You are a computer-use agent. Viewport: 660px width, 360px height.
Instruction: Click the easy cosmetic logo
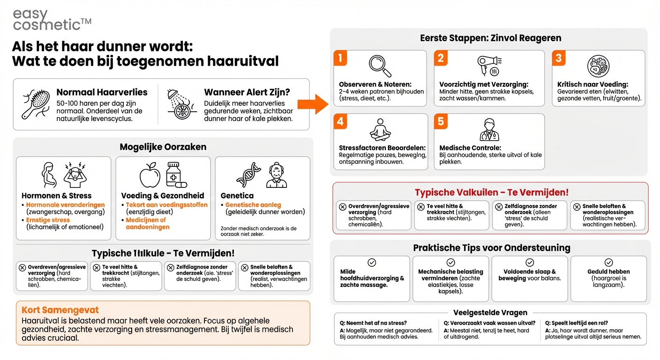tap(52, 20)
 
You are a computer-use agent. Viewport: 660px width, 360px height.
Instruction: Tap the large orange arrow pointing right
tap(313, 104)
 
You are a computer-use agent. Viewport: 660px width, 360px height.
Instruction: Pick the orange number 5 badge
tap(441, 121)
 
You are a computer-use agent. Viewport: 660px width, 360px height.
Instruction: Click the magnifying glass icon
tap(380, 66)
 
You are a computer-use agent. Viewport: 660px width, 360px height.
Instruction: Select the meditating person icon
tap(380, 130)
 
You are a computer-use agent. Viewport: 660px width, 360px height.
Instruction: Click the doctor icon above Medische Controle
tap(489, 130)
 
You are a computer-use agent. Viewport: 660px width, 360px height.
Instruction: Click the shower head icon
tap(179, 104)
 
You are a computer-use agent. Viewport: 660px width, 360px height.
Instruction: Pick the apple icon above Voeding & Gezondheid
tap(150, 175)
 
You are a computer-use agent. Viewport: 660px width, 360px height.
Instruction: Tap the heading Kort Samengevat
tap(60, 310)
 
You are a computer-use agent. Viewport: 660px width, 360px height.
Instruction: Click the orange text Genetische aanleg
tap(253, 205)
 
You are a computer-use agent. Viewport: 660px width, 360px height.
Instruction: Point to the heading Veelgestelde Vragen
tap(490, 313)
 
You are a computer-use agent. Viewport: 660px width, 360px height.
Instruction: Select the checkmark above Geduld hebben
tap(608, 262)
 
